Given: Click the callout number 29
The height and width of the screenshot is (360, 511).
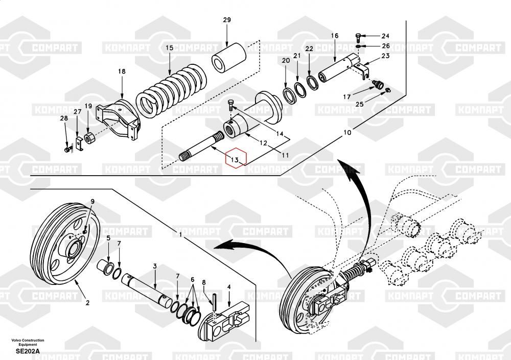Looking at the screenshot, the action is pos(227,20).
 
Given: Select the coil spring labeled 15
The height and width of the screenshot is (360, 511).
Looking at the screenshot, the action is pos(171,91).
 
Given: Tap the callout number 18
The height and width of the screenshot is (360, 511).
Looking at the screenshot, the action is pos(122,71).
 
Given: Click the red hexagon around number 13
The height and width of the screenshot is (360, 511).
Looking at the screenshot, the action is pos(236,158).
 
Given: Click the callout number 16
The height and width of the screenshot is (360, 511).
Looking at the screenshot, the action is pos(335,36).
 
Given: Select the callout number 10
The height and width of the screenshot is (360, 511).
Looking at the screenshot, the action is pos(347,132).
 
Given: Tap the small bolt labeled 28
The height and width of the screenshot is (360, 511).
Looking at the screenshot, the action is pos(67,150).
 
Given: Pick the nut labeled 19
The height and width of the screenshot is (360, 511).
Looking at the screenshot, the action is pos(89,138).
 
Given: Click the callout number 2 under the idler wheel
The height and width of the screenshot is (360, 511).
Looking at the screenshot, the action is pos(87,303).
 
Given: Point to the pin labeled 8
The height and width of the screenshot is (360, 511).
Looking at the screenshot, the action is pos(214,303).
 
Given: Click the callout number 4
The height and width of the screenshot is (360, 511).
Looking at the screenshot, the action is pos(229,286).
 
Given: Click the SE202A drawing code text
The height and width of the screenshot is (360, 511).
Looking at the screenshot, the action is pos(28,351).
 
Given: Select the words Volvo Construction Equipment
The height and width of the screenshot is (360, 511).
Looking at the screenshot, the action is pos(28,342).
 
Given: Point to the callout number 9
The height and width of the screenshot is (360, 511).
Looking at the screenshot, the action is pos(92,201).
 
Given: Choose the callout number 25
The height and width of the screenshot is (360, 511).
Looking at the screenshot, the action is pos(359,104).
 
